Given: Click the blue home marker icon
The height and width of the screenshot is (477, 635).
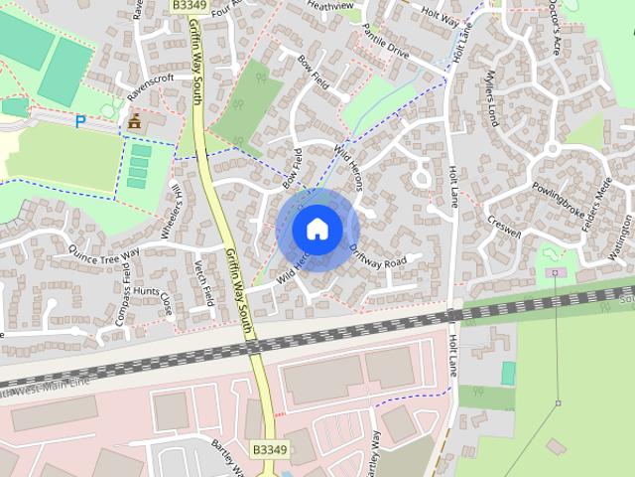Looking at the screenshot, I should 317,229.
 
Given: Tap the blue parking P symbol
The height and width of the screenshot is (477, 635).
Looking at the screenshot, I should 80,121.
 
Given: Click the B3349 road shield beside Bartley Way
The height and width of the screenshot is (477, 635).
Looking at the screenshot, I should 269,450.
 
